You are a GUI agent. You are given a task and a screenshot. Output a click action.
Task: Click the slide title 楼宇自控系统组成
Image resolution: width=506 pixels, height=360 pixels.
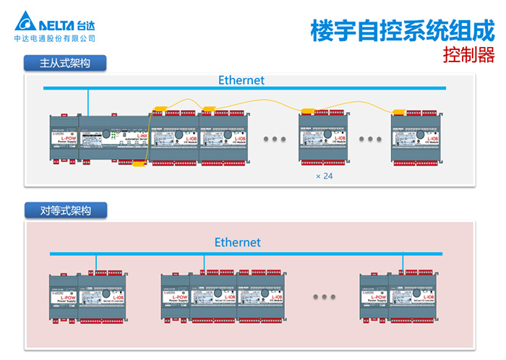tap(402, 30)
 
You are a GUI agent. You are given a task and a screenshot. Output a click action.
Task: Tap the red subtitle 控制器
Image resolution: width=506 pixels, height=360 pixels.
tap(468, 55)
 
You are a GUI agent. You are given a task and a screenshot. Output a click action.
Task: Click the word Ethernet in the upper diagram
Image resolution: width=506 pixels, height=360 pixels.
tap(241, 80)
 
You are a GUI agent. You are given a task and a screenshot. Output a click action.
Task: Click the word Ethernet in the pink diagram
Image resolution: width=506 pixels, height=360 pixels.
tap(237, 242)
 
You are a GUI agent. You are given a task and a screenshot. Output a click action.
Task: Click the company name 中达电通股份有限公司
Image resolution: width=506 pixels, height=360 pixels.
tap(55, 38)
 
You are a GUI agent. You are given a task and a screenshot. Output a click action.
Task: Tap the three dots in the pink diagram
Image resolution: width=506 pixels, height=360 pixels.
tap(325, 296)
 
